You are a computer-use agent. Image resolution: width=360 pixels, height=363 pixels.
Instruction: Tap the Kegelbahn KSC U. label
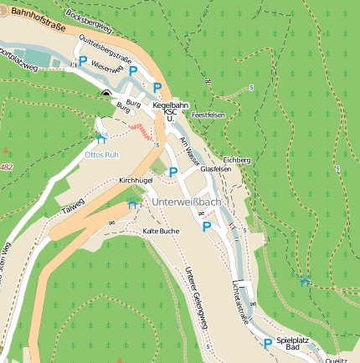click(170, 112)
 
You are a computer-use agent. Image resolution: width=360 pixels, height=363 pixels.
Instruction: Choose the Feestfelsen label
click(208, 114)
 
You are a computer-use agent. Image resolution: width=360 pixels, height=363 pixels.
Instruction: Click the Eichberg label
click(237, 159)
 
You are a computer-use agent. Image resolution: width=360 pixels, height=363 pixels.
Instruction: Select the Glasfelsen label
click(216, 168)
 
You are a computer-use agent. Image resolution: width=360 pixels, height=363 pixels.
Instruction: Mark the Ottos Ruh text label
click(104, 155)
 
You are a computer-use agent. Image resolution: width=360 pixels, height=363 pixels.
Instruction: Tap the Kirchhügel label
click(136, 180)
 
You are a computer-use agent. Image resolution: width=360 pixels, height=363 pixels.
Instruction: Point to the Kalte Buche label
click(161, 230)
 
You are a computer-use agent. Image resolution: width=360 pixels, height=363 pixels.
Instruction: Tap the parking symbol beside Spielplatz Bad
click(267, 343)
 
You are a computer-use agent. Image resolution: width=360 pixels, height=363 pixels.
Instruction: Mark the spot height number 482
click(6, 167)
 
